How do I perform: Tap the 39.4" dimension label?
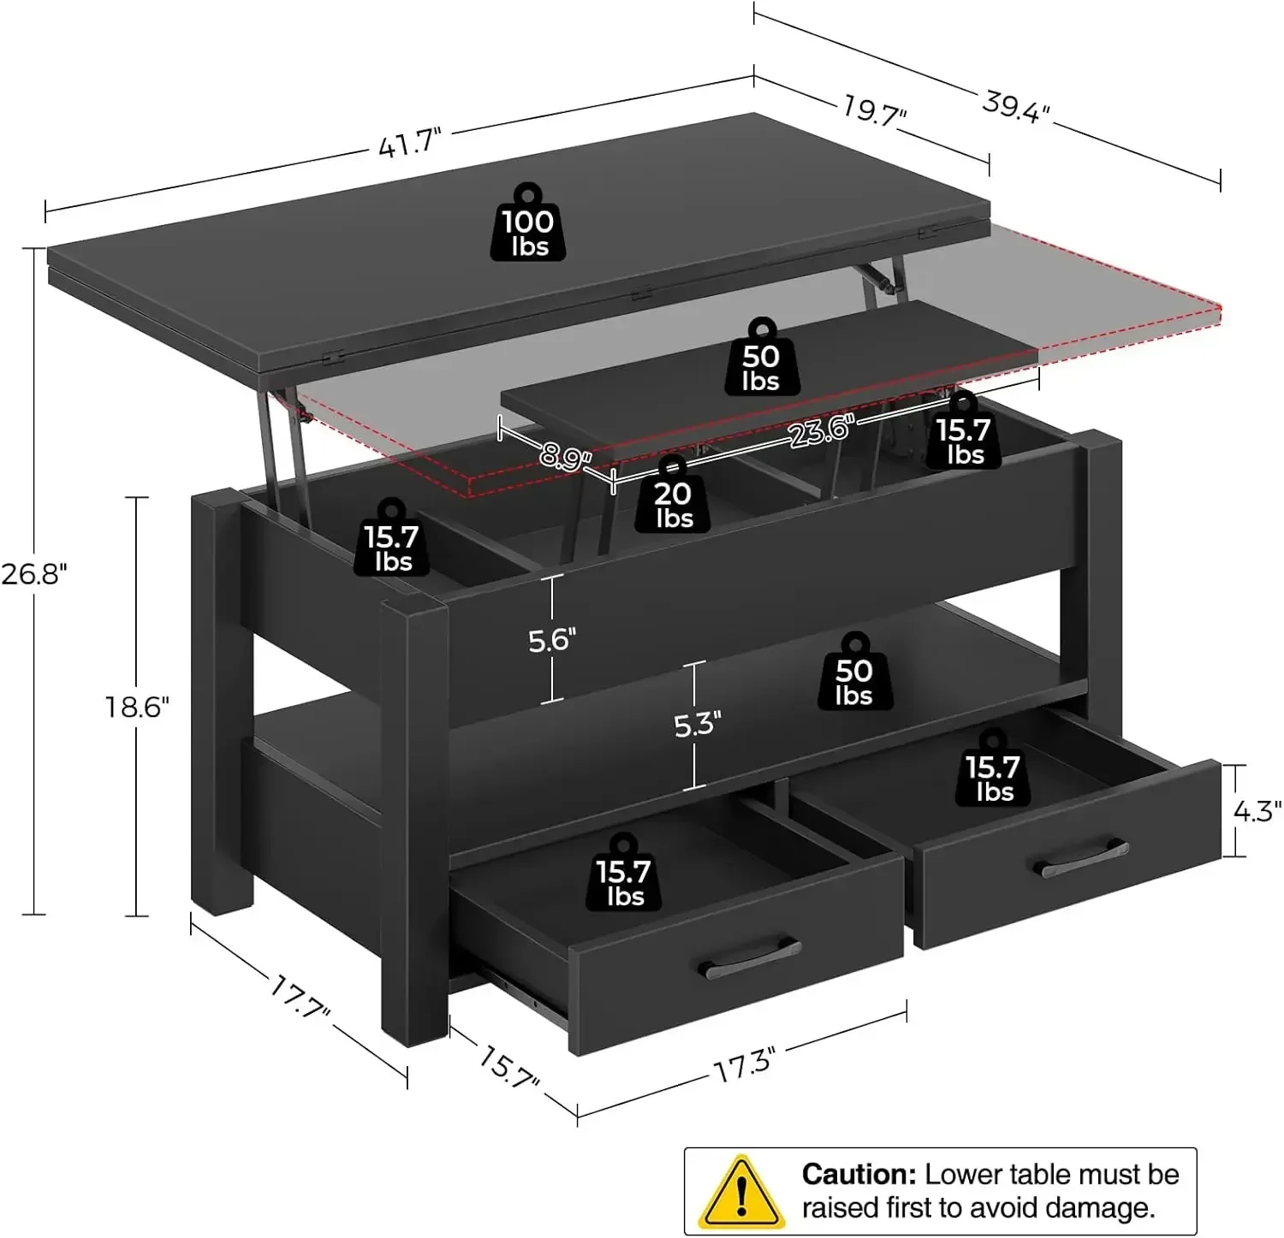pyautogui.click(x=1015, y=107)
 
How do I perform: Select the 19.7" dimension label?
pyautogui.click(x=874, y=110)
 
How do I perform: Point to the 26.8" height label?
pyautogui.click(x=33, y=573)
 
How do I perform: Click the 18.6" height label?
pyautogui.click(x=137, y=707)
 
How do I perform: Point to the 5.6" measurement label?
pyautogui.click(x=551, y=640)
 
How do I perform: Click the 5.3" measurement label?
pyautogui.click(x=697, y=725)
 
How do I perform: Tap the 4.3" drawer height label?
pyautogui.click(x=1256, y=811)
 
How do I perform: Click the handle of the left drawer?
pyautogui.click(x=750, y=957)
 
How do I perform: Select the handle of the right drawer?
pyautogui.click(x=1085, y=858)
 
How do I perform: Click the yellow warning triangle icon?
pyautogui.click(x=739, y=1190)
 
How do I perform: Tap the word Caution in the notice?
pyautogui.click(x=859, y=1174)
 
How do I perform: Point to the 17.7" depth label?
pyautogui.click(x=300, y=998)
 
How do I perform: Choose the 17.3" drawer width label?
pyautogui.click(x=743, y=1066)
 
